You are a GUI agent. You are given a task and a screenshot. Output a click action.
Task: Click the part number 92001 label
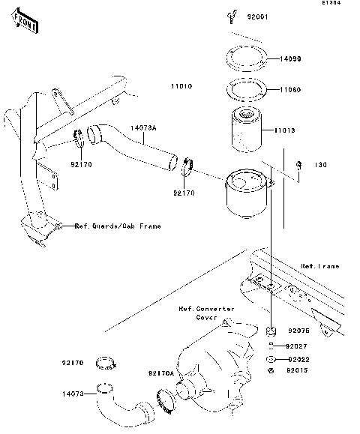[257, 16]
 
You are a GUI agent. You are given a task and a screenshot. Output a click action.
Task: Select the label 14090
[293, 58]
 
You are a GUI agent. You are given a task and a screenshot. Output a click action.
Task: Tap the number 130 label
[320, 165]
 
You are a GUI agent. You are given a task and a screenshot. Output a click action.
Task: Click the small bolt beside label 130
[298, 165]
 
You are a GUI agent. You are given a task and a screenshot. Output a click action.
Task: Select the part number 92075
[298, 330]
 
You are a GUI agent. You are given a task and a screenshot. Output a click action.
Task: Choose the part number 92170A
[160, 373]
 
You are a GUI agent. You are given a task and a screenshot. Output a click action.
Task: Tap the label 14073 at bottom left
[73, 391]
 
